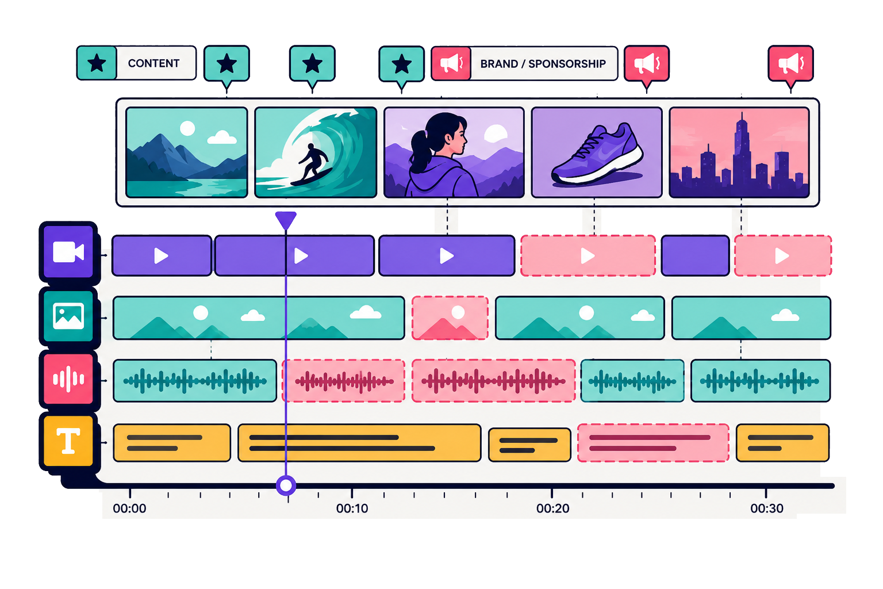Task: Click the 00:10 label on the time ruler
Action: tap(352, 508)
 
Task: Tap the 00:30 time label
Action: tap(767, 508)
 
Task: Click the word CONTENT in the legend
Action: tap(153, 63)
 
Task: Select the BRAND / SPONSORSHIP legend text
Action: tap(543, 63)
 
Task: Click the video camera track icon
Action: tap(68, 252)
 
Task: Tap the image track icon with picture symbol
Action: tap(68, 316)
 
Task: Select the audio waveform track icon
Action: tap(68, 379)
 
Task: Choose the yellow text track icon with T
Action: tap(68, 441)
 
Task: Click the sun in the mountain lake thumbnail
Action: tap(187, 129)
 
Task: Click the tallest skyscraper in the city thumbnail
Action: tap(742, 150)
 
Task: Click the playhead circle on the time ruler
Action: tap(286, 485)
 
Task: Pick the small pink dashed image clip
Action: tap(450, 318)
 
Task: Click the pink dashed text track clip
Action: tap(653, 443)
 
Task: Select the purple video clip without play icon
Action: tap(696, 255)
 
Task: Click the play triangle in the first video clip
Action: tap(161, 255)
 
